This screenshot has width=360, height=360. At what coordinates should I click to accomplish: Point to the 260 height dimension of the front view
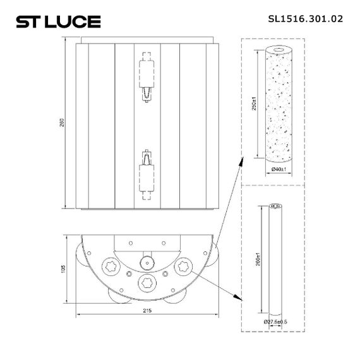tap(62, 123)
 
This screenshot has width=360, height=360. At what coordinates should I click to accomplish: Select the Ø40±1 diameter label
tap(279, 170)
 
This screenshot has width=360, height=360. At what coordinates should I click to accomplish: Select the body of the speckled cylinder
tap(279, 107)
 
